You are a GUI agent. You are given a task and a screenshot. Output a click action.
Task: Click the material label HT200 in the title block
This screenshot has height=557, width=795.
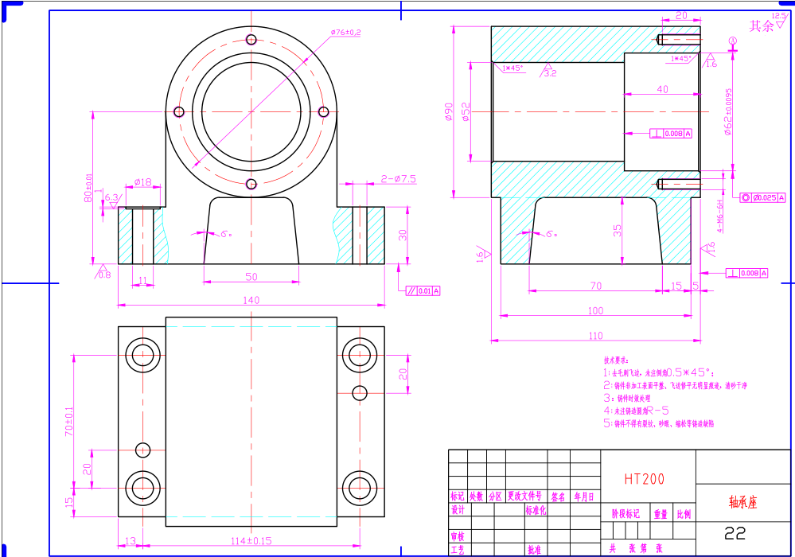(644, 479)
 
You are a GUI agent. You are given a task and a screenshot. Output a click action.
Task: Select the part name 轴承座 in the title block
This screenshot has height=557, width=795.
(744, 503)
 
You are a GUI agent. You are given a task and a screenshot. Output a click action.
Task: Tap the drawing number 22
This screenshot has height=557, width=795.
(735, 532)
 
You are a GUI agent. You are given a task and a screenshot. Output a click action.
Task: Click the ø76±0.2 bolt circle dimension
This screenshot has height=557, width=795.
(345, 33)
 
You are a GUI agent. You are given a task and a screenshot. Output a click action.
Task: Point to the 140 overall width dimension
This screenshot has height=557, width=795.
(251, 300)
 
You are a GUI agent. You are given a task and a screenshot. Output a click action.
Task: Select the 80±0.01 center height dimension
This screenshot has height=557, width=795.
(89, 189)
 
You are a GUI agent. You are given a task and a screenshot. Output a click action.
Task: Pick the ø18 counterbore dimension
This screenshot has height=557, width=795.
(142, 182)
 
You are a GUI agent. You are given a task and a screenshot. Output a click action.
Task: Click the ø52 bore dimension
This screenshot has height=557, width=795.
(466, 112)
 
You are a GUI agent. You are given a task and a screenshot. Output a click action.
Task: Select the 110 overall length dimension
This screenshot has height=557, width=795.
(595, 336)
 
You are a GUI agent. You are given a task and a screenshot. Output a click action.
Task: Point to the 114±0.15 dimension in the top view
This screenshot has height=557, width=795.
(251, 541)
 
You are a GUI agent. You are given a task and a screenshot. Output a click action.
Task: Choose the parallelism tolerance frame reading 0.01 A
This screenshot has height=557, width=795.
(423, 291)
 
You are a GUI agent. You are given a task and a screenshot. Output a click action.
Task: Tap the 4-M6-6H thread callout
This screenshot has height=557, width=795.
(719, 215)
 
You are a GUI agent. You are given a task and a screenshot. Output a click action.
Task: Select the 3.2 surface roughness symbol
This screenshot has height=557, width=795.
(549, 72)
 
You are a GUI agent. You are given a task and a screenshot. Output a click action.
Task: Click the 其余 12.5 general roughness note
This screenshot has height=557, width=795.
(766, 25)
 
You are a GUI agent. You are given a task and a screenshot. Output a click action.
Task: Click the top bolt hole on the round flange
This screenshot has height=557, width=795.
(251, 39)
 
